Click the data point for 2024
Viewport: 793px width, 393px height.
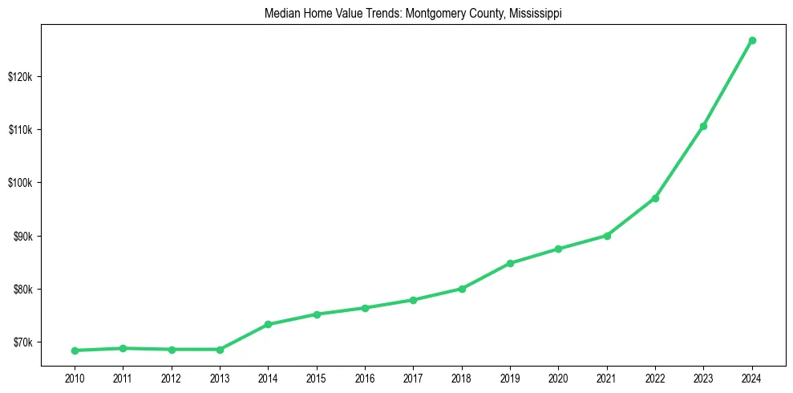(x=752, y=40)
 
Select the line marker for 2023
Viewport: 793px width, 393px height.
(x=703, y=126)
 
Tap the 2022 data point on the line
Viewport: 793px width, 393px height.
(x=655, y=198)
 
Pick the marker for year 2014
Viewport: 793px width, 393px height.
(x=268, y=325)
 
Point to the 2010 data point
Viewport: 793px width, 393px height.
(x=75, y=350)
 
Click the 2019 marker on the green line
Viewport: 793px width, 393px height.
(x=510, y=263)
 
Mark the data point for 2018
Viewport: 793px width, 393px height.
(x=462, y=289)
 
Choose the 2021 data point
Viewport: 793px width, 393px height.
(x=607, y=236)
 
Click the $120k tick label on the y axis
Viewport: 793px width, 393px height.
(x=20, y=77)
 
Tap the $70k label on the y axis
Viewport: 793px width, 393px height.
(x=22, y=342)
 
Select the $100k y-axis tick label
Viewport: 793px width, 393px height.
(x=20, y=183)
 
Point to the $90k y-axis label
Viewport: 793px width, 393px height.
(x=22, y=237)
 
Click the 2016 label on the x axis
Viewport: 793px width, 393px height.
(x=365, y=378)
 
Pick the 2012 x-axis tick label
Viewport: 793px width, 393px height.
(x=171, y=378)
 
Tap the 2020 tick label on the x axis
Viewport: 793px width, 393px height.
(x=558, y=378)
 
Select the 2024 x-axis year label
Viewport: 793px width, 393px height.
(x=752, y=378)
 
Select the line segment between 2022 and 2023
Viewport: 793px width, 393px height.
(x=679, y=162)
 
